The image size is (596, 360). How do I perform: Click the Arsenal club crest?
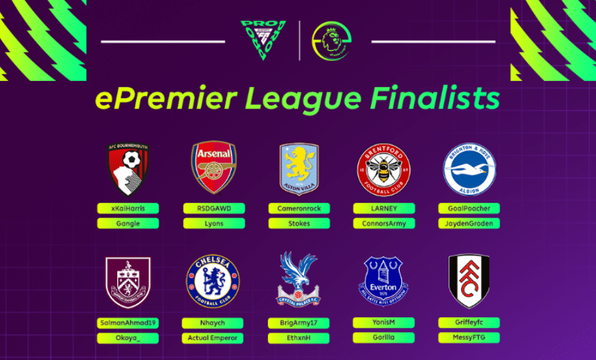click(x=214, y=167)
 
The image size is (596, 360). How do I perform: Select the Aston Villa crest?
click(x=299, y=169)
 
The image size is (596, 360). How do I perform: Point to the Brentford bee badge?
click(x=384, y=169)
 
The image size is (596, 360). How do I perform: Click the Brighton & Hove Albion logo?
click(x=469, y=169)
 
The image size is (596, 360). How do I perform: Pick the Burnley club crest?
click(x=128, y=282)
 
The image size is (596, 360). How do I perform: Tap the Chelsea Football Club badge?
click(x=213, y=281)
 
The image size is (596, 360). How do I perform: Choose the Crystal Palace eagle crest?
click(x=299, y=280)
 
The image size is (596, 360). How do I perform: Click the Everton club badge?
click(x=383, y=281)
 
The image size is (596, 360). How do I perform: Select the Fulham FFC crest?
click(x=469, y=280)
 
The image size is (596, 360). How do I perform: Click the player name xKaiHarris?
click(x=128, y=208)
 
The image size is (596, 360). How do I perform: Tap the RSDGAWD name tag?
click(x=214, y=208)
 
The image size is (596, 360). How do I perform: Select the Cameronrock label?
click(x=299, y=208)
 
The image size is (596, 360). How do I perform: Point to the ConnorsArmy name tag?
click(x=384, y=223)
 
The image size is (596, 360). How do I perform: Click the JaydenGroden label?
click(x=469, y=223)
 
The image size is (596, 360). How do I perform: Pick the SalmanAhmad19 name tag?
click(x=128, y=323)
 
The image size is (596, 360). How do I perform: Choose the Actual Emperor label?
click(x=214, y=338)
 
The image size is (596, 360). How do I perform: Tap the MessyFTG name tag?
click(x=469, y=338)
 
